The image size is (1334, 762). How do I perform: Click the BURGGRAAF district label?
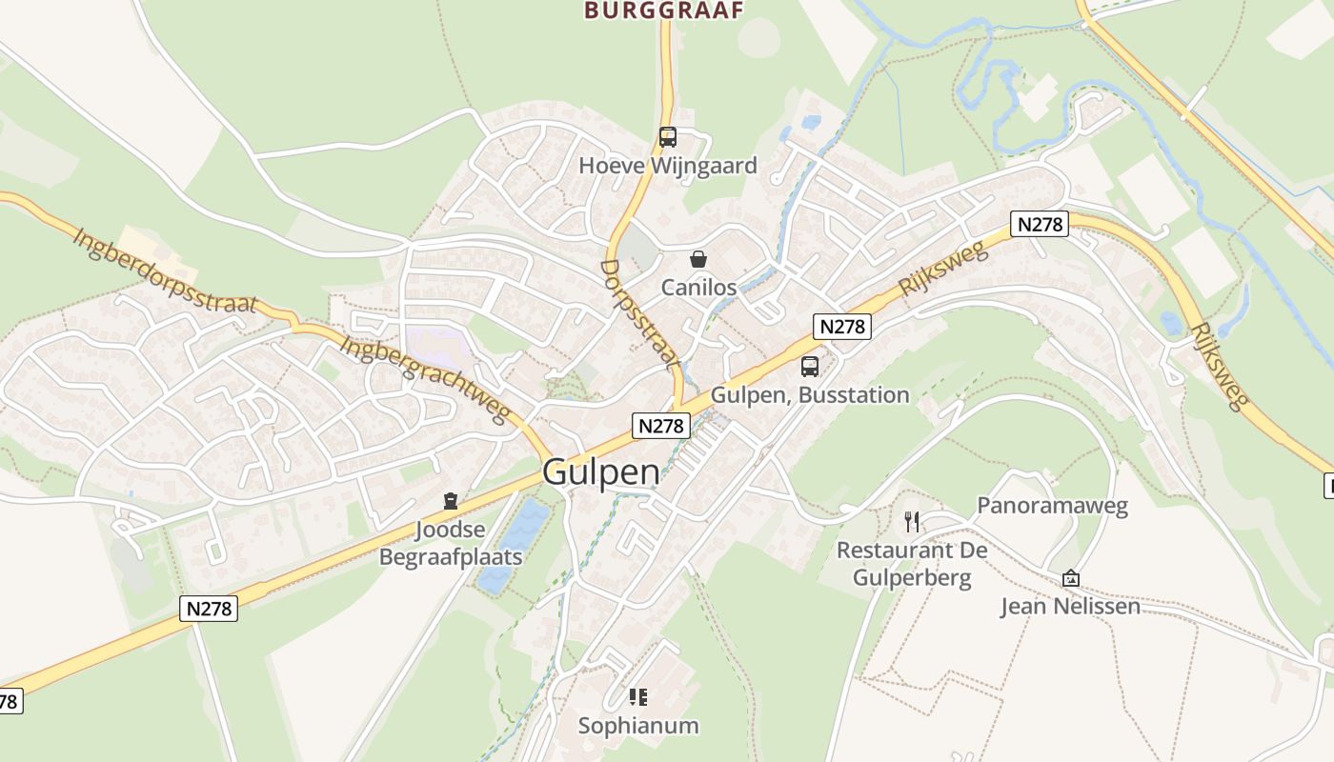click(x=663, y=10)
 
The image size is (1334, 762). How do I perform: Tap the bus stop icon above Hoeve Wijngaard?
click(x=667, y=137)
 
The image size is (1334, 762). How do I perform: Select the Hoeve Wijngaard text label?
click(x=668, y=166)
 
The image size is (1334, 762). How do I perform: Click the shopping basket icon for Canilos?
click(x=698, y=259)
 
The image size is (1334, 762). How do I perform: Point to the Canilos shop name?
click(x=699, y=287)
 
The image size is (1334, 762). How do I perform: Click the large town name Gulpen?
click(x=600, y=472)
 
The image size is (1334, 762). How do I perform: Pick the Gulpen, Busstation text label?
click(x=810, y=394)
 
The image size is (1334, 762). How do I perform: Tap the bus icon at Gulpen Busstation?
click(x=809, y=366)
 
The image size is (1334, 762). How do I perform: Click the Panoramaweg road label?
click(x=1052, y=505)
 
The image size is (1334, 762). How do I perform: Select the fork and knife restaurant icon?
click(x=912, y=521)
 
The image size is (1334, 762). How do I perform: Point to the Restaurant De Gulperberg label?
click(x=911, y=564)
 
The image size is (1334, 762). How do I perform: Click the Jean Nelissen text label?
click(x=1069, y=606)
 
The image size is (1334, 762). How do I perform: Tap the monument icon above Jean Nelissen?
click(x=1070, y=578)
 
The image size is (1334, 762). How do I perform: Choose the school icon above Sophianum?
click(x=638, y=697)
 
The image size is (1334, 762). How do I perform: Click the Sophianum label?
click(x=638, y=726)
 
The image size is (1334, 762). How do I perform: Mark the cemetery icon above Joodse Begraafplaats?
click(x=451, y=501)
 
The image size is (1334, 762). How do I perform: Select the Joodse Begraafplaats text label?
click(x=451, y=543)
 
